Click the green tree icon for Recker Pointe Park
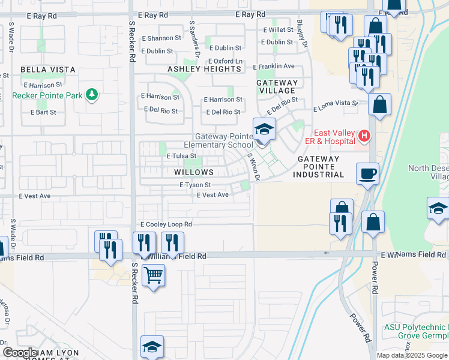pos(91,94)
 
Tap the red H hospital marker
pos(364,136)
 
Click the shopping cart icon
pos(154,275)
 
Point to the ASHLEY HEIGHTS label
pos(204,69)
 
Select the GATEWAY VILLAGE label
pos(277,86)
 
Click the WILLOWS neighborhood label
pos(193,172)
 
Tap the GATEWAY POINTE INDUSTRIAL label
pos(318,167)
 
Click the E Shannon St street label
pos(161,38)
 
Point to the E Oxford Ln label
pos(225,61)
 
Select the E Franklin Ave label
pos(274,66)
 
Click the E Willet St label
pos(277,29)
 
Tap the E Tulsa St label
pos(181,156)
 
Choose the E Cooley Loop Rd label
pos(166,224)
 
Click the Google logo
pos(20,353)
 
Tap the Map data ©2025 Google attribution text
pos(412,355)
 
